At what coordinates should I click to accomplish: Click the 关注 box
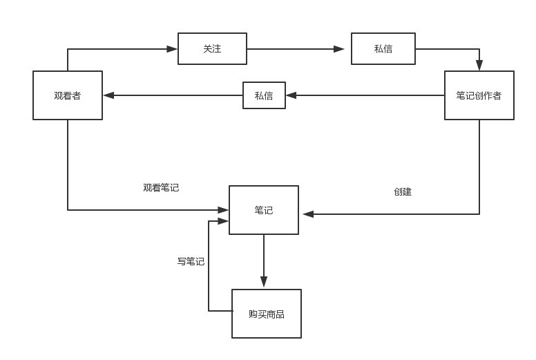212,49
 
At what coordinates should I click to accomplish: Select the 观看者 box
68,95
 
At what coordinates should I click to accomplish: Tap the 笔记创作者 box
479,95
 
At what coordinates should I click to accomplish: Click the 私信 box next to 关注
383,49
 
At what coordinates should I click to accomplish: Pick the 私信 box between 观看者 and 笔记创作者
264,95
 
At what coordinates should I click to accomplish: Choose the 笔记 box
264,210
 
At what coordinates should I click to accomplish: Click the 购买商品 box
267,314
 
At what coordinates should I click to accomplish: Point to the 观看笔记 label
161,187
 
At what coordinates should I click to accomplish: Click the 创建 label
403,191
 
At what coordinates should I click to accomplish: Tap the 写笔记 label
191,261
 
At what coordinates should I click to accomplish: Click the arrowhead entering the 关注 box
173,49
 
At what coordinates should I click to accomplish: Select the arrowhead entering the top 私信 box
339,49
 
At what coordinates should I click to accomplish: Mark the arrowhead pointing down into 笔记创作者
479,66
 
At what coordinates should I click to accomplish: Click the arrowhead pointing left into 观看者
108,95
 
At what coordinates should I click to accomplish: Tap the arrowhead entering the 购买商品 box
264,283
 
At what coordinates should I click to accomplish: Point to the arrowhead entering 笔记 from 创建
308,214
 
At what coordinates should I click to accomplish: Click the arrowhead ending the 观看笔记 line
223,209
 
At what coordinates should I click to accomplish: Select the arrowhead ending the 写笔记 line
223,221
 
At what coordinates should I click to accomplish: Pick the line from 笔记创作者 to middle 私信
366,95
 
